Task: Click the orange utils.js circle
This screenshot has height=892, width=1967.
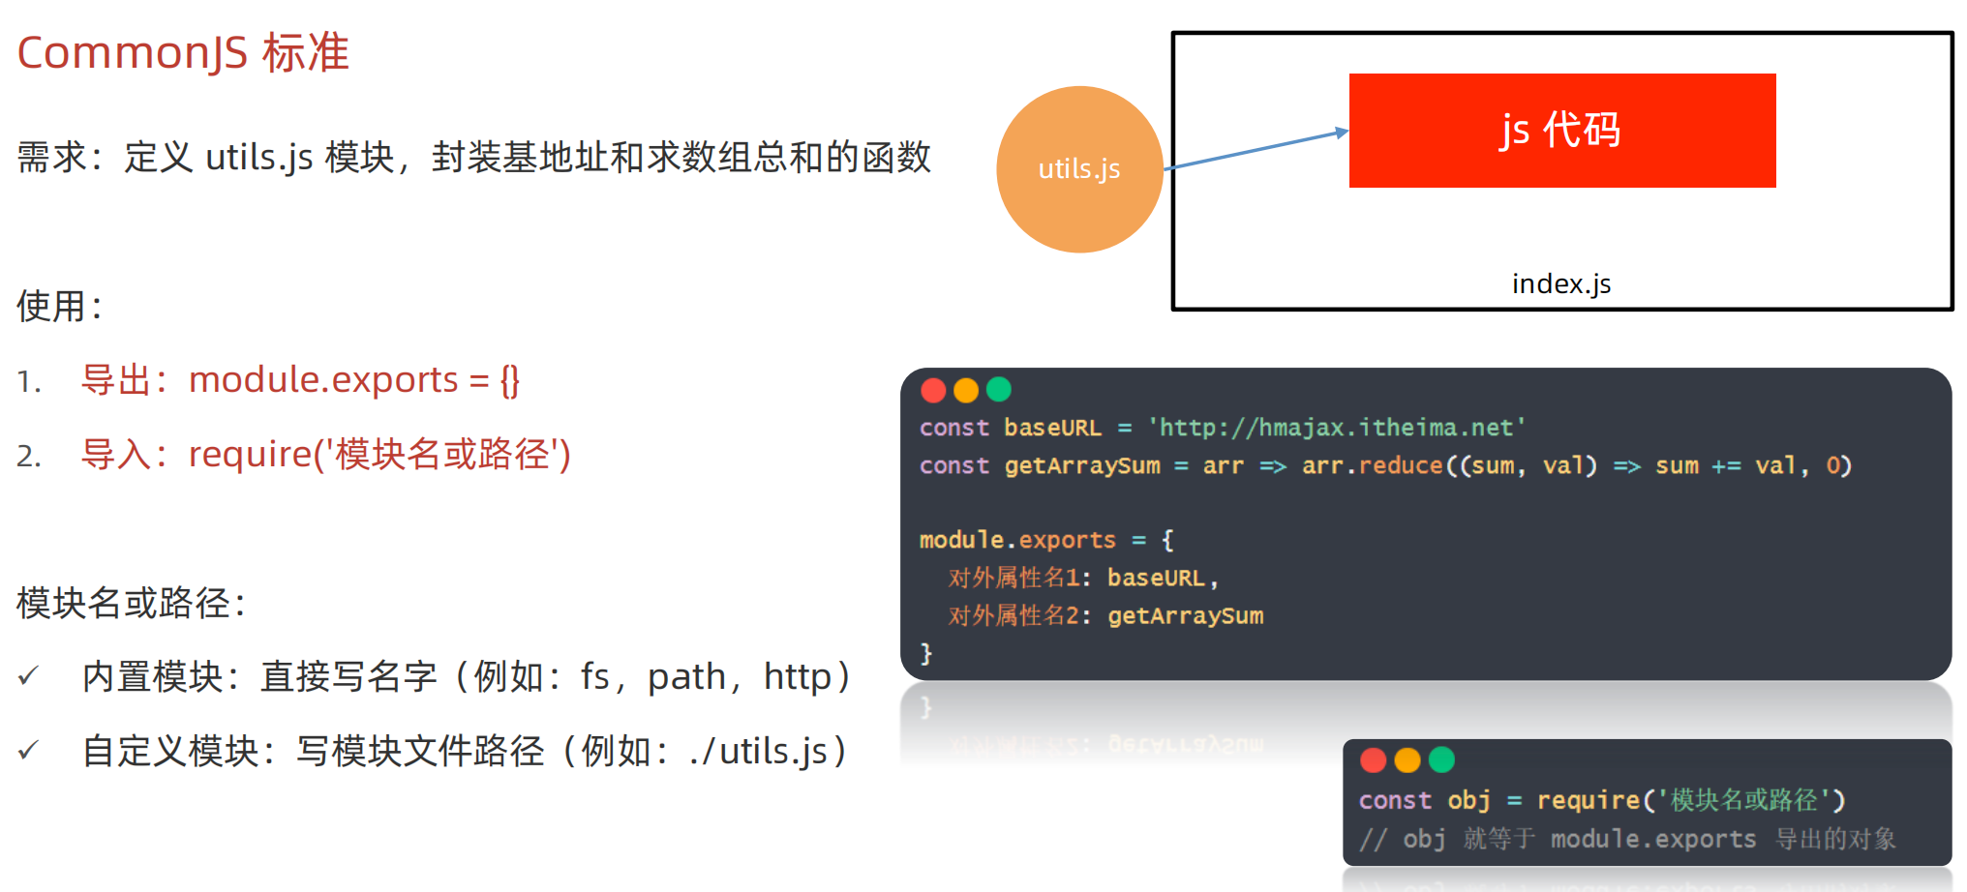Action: (1079, 169)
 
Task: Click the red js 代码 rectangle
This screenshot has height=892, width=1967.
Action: (1561, 131)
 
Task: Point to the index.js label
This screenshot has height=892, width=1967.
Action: (1561, 283)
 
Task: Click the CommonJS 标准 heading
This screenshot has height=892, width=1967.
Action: (183, 52)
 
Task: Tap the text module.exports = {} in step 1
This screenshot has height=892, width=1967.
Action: (354, 380)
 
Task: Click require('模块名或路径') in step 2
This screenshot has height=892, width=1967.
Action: (379, 454)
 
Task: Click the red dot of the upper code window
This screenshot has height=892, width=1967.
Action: (933, 390)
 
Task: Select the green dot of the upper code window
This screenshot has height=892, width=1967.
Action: (998, 390)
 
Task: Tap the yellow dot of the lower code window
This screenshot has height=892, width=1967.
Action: (1407, 760)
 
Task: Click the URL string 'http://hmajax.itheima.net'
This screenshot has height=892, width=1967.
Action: (1337, 428)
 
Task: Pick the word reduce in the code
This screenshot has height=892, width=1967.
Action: (1401, 465)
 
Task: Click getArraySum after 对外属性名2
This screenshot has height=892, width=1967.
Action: (1186, 615)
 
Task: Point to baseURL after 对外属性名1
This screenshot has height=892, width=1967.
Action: (1156, 578)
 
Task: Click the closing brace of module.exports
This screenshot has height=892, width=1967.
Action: (926, 653)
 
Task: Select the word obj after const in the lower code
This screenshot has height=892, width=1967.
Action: (1468, 800)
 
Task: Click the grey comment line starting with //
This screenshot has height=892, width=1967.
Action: (1626, 839)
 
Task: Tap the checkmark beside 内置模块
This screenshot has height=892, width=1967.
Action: (28, 676)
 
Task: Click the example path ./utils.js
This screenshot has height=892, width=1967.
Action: (758, 751)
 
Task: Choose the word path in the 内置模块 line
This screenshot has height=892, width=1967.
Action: (686, 676)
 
